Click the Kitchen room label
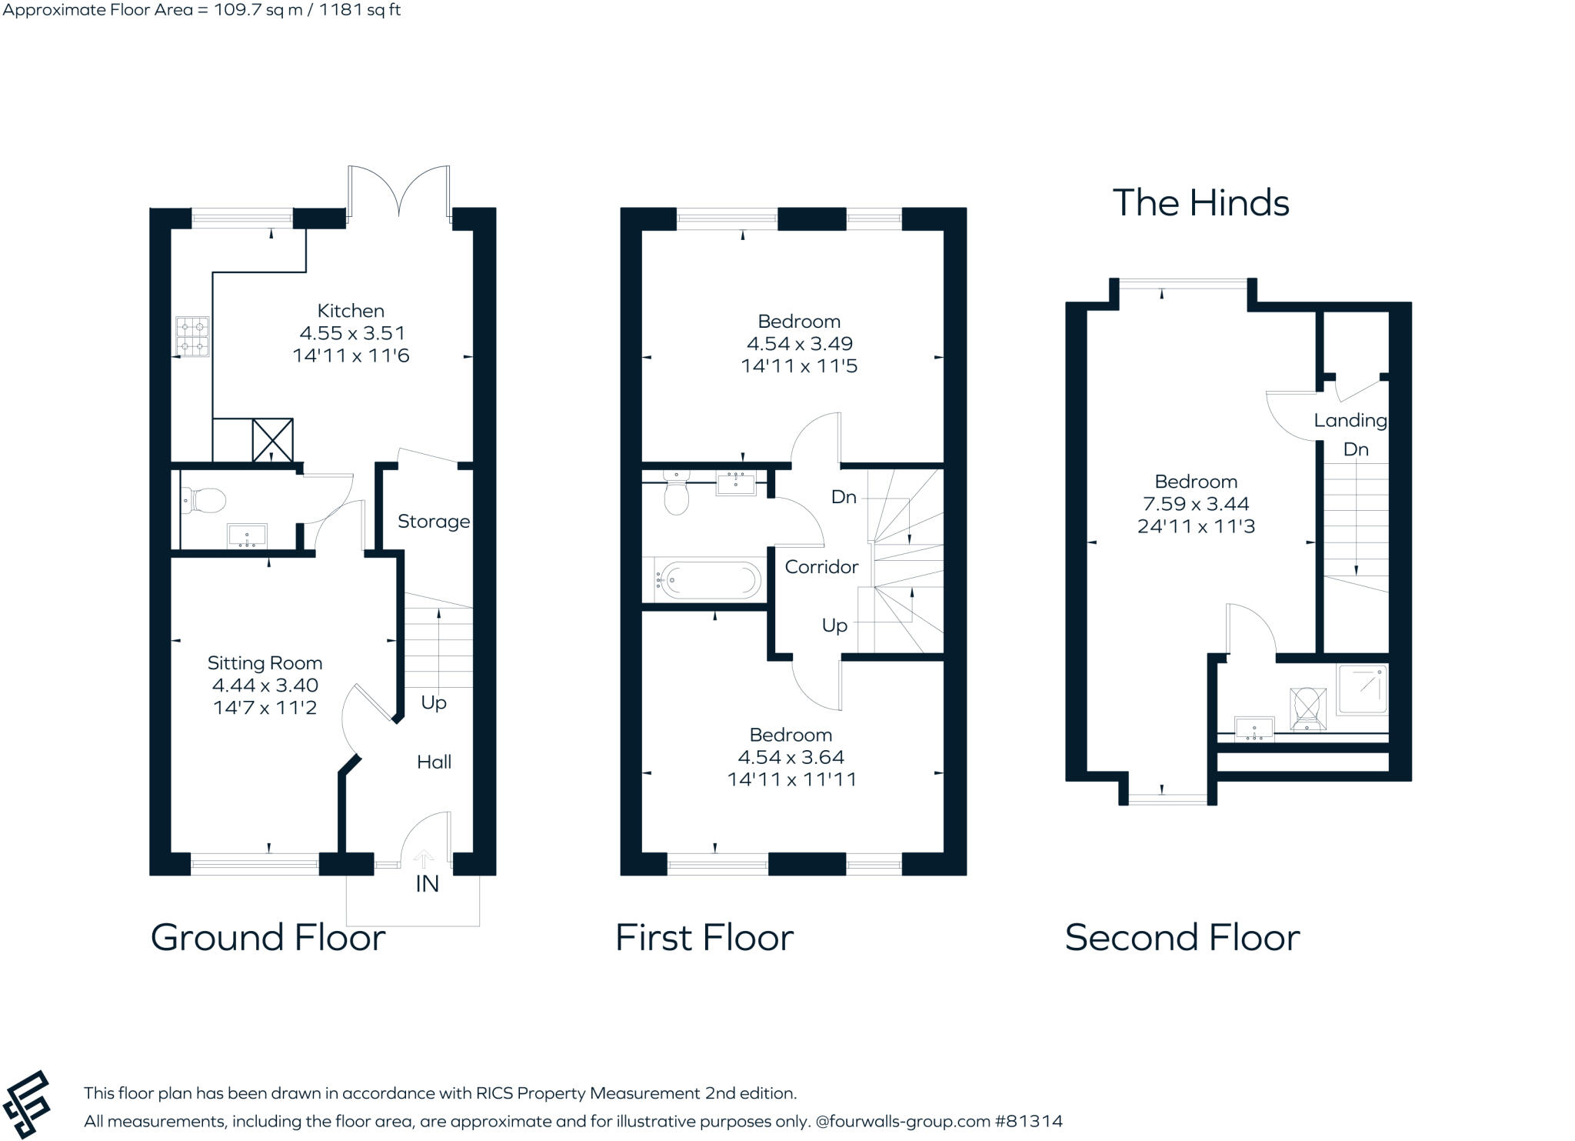[351, 311]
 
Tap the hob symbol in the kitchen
[192, 338]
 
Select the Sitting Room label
[265, 663]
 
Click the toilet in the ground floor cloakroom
[204, 501]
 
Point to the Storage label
[433, 522]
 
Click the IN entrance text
[427, 884]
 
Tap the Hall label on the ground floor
[434, 762]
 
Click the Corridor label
[821, 567]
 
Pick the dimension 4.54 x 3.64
[791, 757]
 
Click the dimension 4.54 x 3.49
[799, 344]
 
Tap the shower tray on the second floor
[1363, 690]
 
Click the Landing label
[1350, 421]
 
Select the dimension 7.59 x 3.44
[1196, 504]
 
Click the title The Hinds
[1200, 203]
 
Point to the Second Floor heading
[1182, 937]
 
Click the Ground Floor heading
[268, 937]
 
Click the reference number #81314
[1028, 1121]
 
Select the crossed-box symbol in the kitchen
[273, 439]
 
